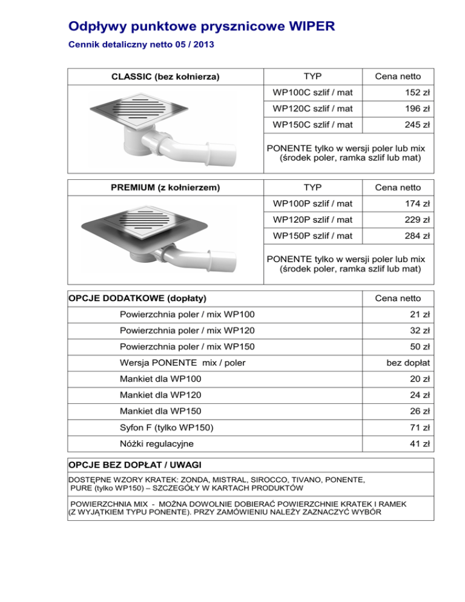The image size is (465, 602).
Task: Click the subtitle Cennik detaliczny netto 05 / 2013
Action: point(140,45)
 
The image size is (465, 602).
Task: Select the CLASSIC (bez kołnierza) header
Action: point(165,77)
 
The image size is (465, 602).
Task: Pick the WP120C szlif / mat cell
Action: point(313,109)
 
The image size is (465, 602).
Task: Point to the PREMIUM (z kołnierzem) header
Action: point(165,188)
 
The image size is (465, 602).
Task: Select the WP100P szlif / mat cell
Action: point(313,203)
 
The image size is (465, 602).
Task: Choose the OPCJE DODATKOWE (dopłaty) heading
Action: point(137,298)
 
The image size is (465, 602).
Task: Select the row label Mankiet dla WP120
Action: point(161,395)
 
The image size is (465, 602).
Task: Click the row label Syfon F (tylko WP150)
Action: point(167,428)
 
